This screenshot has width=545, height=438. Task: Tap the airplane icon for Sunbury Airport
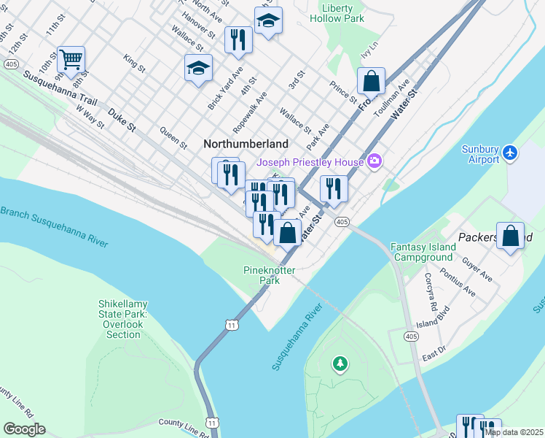tap(511, 153)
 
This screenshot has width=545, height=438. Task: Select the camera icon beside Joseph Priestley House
tap(375, 161)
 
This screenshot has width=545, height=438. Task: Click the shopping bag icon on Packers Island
tap(511, 235)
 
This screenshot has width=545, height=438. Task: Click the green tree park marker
tap(339, 362)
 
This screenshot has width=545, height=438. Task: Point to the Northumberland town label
tap(246, 145)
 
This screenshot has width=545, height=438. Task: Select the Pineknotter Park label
tap(261, 275)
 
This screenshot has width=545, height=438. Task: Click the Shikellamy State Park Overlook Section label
tap(122, 319)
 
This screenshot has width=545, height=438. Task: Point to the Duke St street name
tap(122, 120)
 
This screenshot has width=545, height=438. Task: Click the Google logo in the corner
tap(24, 429)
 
